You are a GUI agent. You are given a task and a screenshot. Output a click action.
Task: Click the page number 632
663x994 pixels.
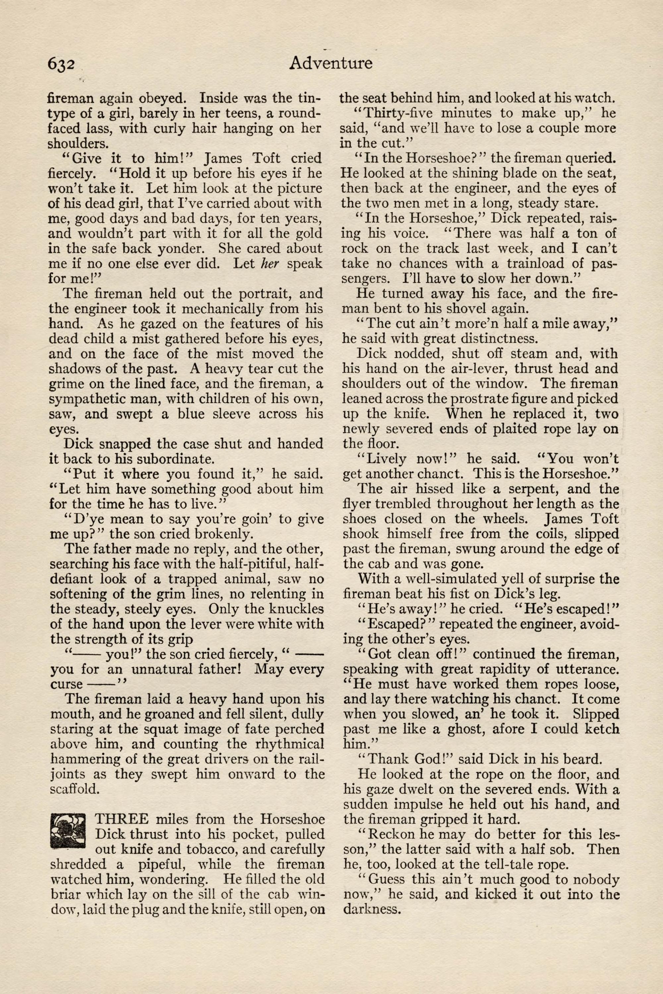coord(61,64)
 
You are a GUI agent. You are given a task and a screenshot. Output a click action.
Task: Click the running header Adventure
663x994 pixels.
coord(331,63)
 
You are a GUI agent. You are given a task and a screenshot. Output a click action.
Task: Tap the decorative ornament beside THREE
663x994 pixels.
coord(68,831)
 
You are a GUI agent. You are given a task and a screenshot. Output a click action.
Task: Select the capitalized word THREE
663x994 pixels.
coord(121,819)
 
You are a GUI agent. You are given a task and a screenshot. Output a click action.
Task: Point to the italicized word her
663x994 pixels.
coord(270,263)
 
